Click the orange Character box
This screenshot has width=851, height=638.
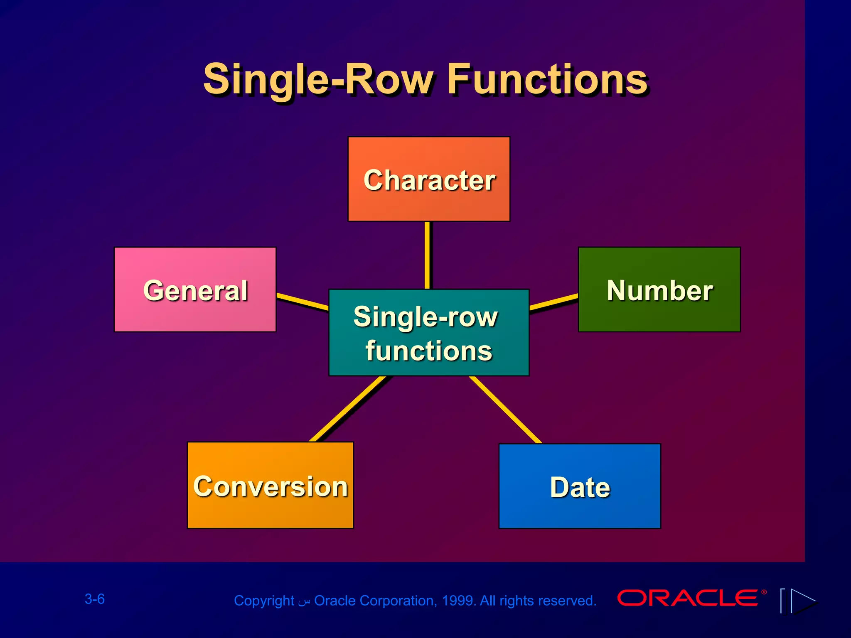coord(429,179)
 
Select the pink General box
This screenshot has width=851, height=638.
coord(195,290)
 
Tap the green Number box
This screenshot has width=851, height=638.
coord(659,290)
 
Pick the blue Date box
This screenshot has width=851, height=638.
coord(580,486)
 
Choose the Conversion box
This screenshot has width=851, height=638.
coord(270,485)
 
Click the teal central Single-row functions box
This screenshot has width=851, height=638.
coord(429,332)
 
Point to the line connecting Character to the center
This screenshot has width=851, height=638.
coord(427,255)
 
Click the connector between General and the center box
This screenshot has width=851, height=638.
coord(303,302)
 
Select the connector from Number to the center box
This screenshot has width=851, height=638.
coord(554,302)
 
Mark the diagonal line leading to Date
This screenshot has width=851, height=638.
coord(506,410)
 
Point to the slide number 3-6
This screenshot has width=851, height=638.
coord(95,599)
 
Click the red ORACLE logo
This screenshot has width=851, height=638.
coord(688,598)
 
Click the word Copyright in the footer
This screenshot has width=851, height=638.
coord(264,601)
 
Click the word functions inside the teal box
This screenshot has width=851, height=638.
coord(429,351)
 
